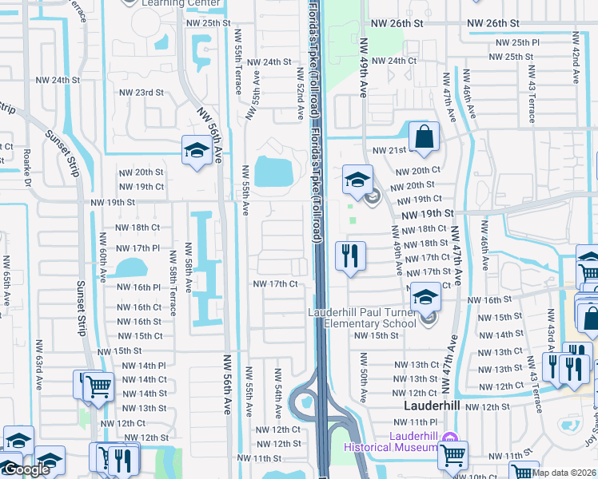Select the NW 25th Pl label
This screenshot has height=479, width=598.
point(517,42)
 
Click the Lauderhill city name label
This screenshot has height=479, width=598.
point(429,406)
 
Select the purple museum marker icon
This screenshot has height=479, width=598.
point(448,437)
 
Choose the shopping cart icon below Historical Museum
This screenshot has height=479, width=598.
point(453,456)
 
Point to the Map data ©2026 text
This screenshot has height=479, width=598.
point(564,473)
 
